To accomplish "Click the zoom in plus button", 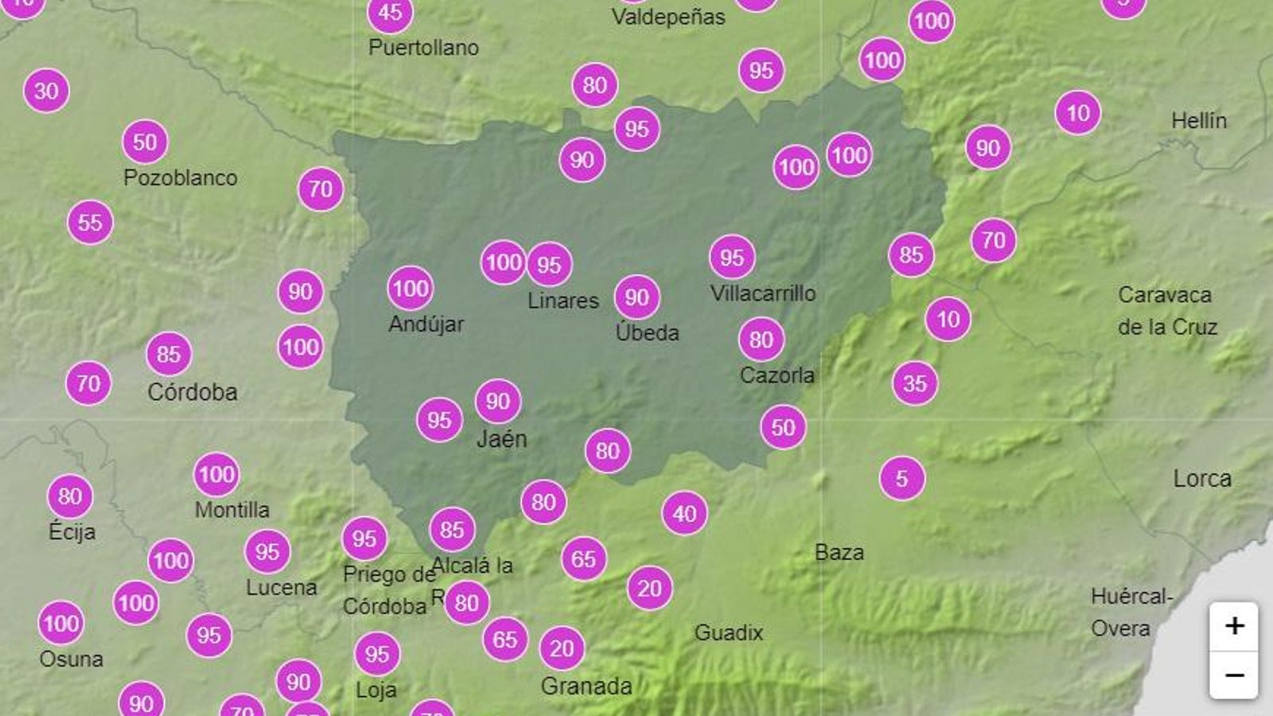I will point(1234,626).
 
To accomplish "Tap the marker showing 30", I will point(46,91).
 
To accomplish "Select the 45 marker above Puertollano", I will point(390,13).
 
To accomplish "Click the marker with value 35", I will point(915,383).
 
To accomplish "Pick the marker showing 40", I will point(684,514).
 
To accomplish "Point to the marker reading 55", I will point(90,222).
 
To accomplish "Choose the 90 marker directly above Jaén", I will point(498,401).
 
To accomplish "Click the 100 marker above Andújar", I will point(411,288).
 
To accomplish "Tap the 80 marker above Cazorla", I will point(761,340).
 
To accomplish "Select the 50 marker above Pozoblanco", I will point(145,142).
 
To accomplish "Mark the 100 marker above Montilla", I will point(216,475).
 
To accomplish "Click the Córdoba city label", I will point(193,392).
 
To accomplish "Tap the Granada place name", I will point(586,686).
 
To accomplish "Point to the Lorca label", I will point(1202,479).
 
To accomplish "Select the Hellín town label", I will point(1199,121).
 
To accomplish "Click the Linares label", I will point(563,301).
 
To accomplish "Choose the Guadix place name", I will point(729,633).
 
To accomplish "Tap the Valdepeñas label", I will point(668,18).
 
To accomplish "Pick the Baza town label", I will point(839,552).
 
